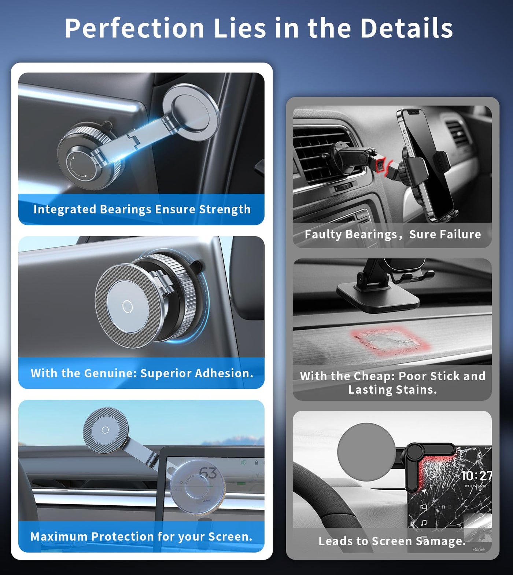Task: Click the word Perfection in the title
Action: tap(134, 28)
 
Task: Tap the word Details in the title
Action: tap(406, 28)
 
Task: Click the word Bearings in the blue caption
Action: tap(125, 209)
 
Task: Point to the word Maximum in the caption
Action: tap(59, 536)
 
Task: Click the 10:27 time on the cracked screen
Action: tap(476, 476)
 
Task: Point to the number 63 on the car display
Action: tap(208, 473)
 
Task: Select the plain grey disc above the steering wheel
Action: tap(366, 451)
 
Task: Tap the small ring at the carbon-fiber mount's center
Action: tap(127, 307)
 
